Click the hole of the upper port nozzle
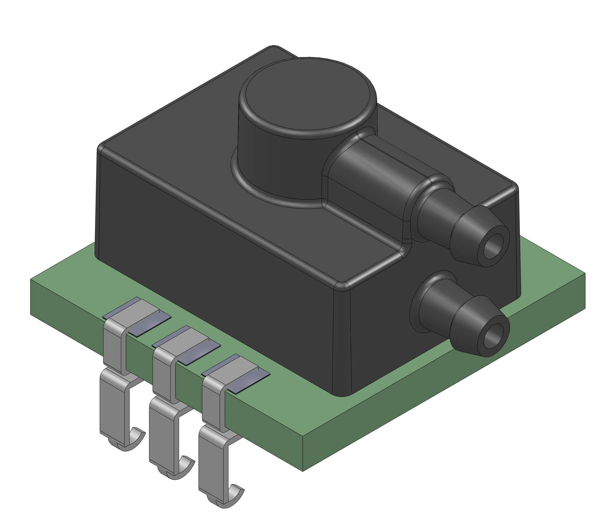point(493,246)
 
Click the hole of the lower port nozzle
point(493,335)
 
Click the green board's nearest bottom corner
point(303,470)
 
